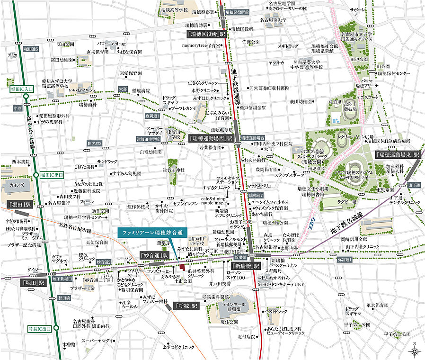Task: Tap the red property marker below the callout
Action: click(181, 268)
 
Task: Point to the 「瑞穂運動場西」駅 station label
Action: click(211, 139)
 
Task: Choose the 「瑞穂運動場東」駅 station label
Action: click(398, 155)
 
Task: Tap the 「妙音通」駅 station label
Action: click(154, 255)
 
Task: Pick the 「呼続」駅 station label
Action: click(186, 306)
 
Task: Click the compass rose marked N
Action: click(415, 350)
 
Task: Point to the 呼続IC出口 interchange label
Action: click(39, 328)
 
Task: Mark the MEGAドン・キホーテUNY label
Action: click(282, 283)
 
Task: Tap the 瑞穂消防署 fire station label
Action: click(197, 25)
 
